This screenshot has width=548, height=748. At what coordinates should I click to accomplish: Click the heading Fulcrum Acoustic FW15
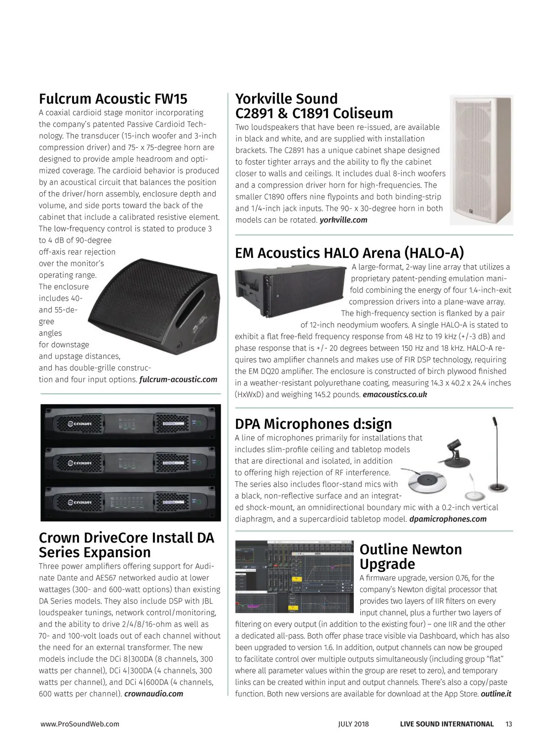click(x=113, y=99)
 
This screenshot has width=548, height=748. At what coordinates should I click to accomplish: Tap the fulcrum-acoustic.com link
click(x=178, y=379)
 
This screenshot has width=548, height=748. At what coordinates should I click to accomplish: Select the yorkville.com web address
click(x=343, y=220)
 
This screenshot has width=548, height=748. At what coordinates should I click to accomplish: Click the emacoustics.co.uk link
click(x=395, y=395)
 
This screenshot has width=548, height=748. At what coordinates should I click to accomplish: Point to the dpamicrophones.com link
click(x=448, y=519)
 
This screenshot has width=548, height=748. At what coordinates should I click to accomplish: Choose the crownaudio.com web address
click(x=153, y=694)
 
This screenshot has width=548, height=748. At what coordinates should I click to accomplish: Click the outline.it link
click(x=496, y=694)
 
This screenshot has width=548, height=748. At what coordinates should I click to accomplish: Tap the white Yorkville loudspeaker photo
click(x=481, y=159)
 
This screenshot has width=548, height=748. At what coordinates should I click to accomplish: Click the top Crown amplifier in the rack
click(x=131, y=424)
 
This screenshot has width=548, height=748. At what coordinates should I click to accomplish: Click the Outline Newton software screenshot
click(x=295, y=577)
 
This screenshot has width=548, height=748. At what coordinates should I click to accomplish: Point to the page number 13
click(x=509, y=724)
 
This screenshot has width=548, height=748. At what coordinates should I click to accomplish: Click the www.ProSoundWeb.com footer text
click(x=80, y=724)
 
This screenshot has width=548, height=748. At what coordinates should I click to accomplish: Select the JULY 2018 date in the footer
click(x=353, y=724)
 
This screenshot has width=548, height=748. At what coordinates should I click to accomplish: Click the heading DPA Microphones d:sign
click(x=313, y=424)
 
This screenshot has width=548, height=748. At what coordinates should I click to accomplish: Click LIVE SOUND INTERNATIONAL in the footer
click(x=447, y=724)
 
